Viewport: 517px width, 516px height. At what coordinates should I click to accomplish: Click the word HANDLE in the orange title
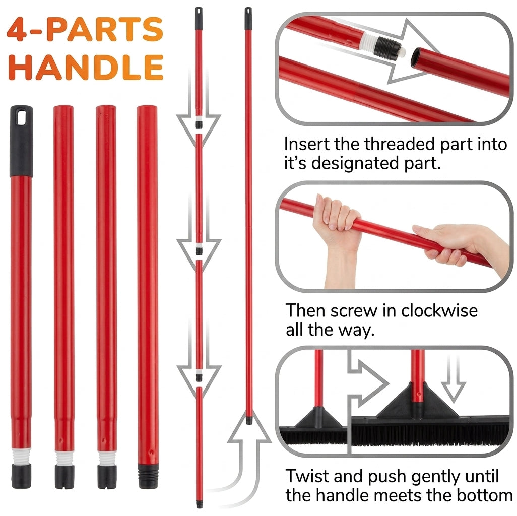[86, 67]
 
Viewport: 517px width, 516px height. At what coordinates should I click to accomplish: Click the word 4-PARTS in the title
[85, 29]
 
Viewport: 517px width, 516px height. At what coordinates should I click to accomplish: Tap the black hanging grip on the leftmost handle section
[22, 141]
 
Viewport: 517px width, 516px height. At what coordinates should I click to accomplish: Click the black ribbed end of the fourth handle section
[148, 476]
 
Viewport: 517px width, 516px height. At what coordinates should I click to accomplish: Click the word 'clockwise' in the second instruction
[439, 310]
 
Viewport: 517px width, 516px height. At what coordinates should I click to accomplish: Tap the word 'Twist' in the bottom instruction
[307, 476]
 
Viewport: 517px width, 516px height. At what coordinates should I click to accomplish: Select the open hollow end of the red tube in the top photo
[416, 57]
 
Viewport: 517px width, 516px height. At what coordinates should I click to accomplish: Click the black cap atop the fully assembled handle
[248, 19]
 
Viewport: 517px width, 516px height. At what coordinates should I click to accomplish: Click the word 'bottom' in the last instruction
[485, 495]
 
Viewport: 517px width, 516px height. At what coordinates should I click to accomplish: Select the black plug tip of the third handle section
[107, 476]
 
